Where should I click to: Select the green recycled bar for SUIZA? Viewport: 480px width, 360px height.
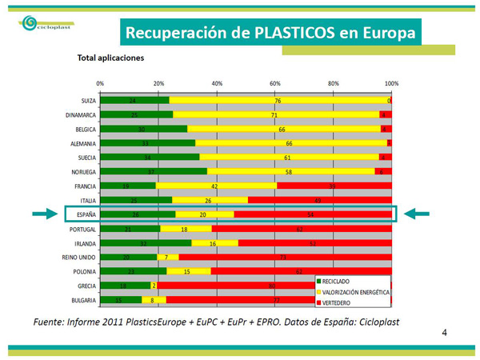pyautogui.click(x=134, y=101)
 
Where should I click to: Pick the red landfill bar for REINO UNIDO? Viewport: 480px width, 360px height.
pyautogui.click(x=285, y=257)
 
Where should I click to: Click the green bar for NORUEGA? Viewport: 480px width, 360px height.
pyautogui.click(x=153, y=171)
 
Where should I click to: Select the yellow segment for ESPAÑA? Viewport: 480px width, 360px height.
pyautogui.click(x=204, y=214)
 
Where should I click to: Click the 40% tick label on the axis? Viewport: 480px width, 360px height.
pyautogui.click(x=217, y=83)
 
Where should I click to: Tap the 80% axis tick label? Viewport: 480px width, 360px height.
pyautogui.click(x=334, y=83)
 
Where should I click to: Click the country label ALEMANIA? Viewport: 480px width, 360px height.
pyautogui.click(x=82, y=144)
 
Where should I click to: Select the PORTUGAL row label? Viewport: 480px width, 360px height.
pyautogui.click(x=82, y=229)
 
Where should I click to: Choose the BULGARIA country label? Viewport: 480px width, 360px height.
pyautogui.click(x=82, y=300)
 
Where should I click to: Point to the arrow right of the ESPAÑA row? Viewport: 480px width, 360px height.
pyautogui.click(x=417, y=214)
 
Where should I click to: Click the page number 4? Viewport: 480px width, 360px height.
pyautogui.click(x=445, y=330)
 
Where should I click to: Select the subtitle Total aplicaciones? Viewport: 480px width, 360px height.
pyautogui.click(x=110, y=58)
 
